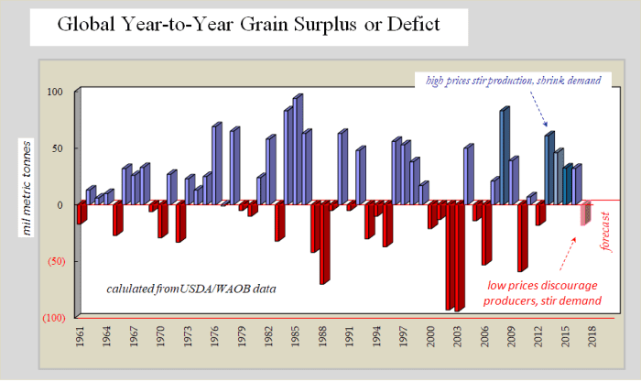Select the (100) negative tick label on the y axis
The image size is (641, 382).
[51, 317]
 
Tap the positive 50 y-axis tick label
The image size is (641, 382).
[55, 147]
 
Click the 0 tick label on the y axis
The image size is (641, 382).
[59, 204]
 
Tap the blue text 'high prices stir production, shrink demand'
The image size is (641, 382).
[519, 81]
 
